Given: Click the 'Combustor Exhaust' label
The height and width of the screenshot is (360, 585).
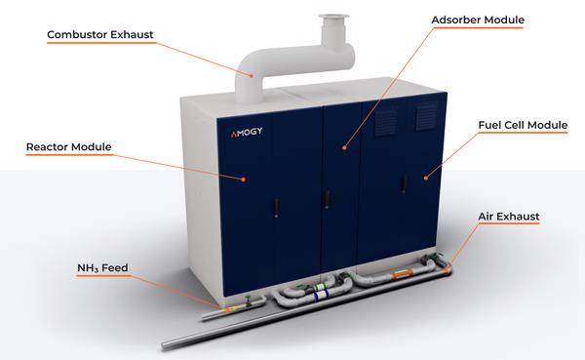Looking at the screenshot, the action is [101, 36].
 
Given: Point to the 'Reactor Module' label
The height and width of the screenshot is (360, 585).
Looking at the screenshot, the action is [69, 148].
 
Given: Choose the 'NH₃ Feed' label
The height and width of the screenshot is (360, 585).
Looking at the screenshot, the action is [103, 266].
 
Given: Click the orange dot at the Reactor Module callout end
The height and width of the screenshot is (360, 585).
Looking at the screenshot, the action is [244, 179].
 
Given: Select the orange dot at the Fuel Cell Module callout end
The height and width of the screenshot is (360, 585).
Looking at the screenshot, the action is [426, 177].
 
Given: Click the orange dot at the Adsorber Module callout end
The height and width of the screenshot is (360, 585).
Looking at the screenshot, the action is [343, 148].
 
